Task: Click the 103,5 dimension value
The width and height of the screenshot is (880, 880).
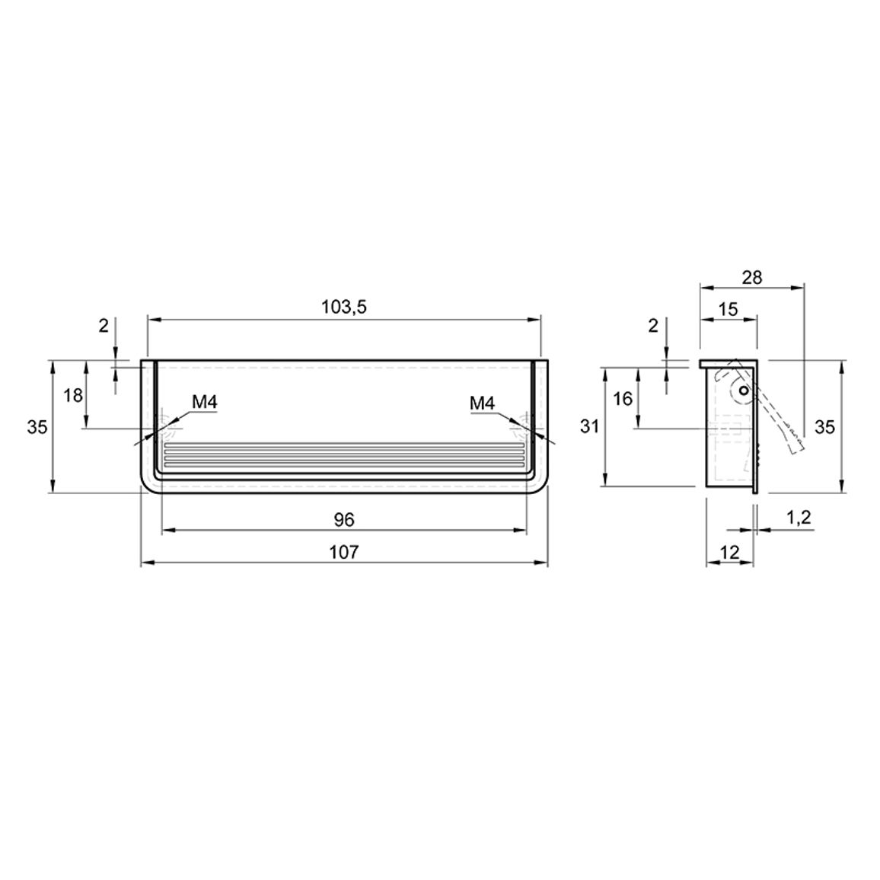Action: [x=343, y=307]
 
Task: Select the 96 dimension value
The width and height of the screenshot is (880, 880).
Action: [x=344, y=520]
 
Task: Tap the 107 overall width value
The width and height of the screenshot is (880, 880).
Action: [x=343, y=552]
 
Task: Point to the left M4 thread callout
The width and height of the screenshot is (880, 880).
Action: [x=204, y=402]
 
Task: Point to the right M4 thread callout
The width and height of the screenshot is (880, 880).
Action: [x=483, y=403]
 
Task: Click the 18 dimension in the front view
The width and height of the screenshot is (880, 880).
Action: [x=73, y=396]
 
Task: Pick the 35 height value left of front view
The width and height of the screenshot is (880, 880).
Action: [x=37, y=427]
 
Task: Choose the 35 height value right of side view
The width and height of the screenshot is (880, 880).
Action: [x=824, y=427]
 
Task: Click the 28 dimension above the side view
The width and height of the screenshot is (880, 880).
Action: [x=752, y=277]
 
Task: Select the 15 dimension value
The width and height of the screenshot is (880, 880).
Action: [x=728, y=309]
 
